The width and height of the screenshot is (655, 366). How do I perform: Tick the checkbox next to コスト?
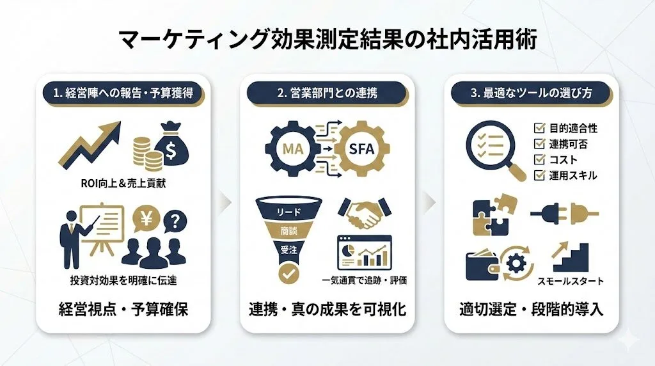coord(539,159)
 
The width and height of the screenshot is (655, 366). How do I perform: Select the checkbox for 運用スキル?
coord(539,175)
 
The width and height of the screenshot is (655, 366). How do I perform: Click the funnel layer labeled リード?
coord(289,211)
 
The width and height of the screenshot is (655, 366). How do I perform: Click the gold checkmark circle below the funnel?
coord(289,274)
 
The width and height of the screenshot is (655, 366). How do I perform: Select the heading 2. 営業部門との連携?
coord(327,93)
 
